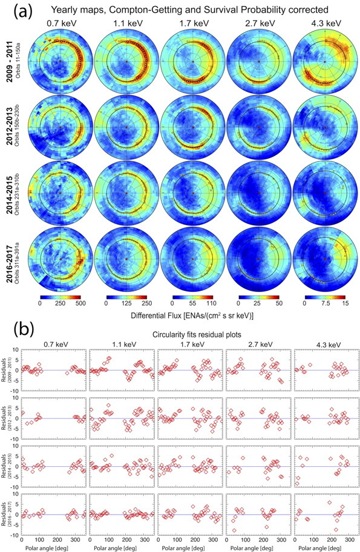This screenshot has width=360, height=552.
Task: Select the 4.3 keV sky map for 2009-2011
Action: (x=324, y=62)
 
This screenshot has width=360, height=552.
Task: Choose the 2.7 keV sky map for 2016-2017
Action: (x=258, y=258)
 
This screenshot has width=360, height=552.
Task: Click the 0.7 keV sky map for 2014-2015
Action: (x=60, y=193)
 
